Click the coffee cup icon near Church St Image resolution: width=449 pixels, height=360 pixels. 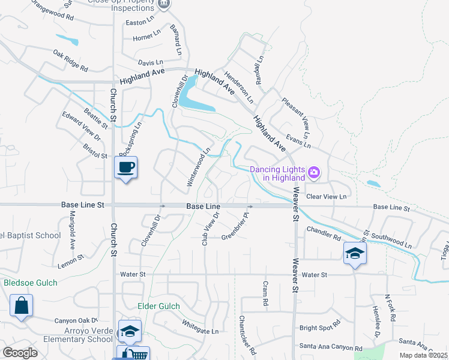pos(126,167)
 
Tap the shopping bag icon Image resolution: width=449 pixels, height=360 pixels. pos(22,305)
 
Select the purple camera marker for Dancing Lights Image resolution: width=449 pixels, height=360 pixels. pos(313,173)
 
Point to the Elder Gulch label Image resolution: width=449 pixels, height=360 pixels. pos(159,306)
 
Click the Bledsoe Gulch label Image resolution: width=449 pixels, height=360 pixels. pos(31,283)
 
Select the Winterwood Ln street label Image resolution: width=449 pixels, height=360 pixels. pos(199,167)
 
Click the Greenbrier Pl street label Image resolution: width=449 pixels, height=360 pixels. pos(236,225)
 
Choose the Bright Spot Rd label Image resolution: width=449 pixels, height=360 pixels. pos(320,328)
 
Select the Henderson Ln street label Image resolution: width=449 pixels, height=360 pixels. pos(239,86)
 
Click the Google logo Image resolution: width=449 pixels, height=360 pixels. pos(20,353)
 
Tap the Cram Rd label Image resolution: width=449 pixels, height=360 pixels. pos(265,294)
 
